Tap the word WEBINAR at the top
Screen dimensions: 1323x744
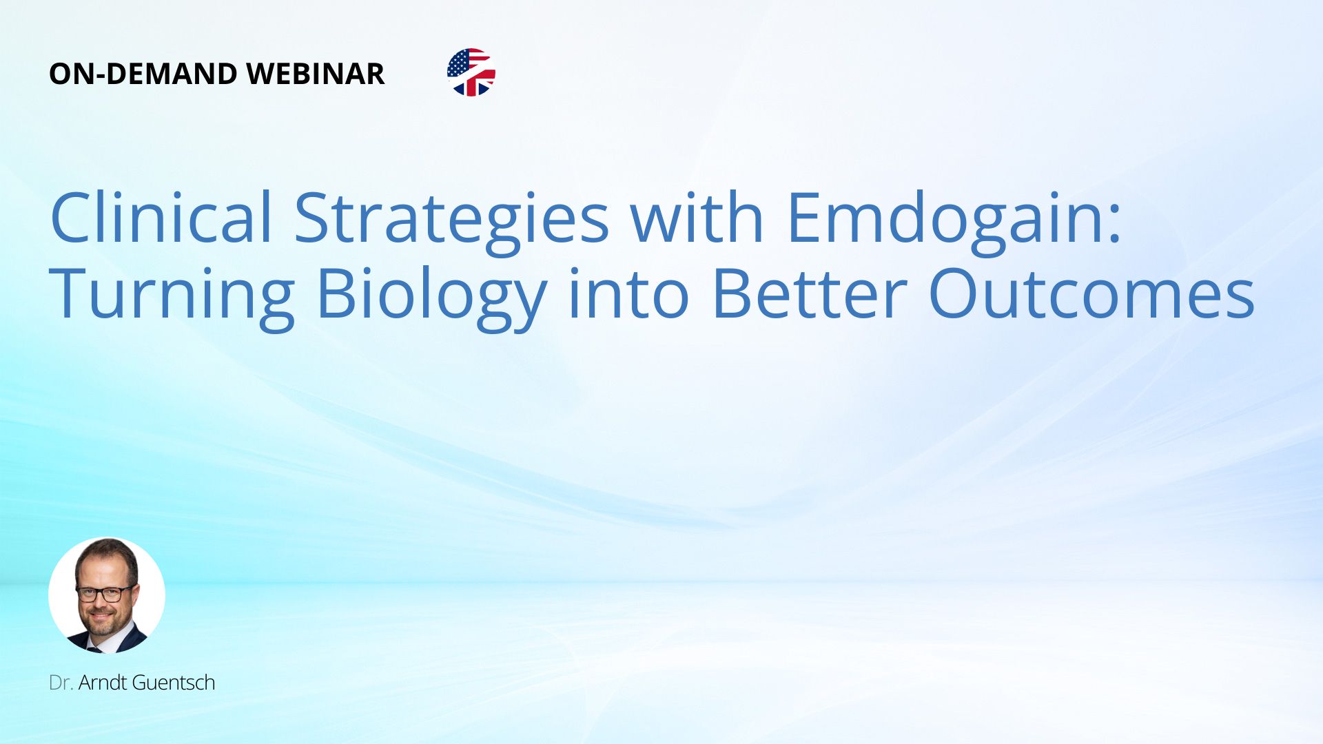click(316, 74)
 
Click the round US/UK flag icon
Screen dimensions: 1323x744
click(471, 72)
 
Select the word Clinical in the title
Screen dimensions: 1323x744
click(161, 217)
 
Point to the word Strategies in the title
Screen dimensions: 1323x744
click(452, 222)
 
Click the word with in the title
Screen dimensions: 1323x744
click(697, 217)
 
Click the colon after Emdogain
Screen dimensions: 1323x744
click(1115, 225)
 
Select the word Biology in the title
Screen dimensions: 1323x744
click(431, 298)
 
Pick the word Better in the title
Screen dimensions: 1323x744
click(809, 293)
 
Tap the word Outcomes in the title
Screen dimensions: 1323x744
click(1091, 293)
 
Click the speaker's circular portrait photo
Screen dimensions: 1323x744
click(107, 595)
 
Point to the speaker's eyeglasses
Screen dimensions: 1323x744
click(105, 593)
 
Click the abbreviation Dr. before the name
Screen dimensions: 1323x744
click(61, 683)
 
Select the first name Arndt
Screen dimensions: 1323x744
click(102, 683)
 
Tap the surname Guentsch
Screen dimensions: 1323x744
click(173, 683)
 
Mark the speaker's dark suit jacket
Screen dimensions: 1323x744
click(127, 641)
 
